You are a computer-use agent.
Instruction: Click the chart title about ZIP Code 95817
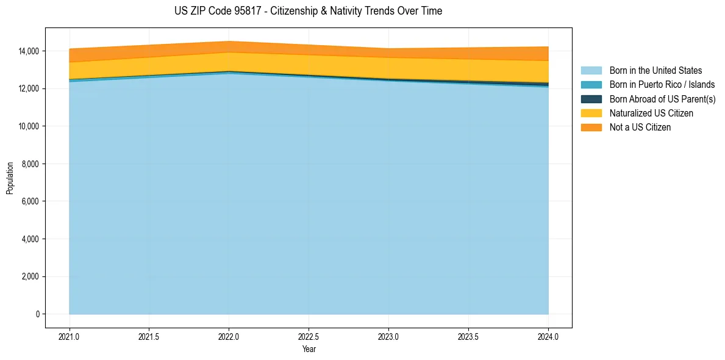[x=308, y=11]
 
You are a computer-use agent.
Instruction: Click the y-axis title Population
[x=10, y=178]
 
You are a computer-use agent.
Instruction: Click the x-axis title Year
[x=309, y=349]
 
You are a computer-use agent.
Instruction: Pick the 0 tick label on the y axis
[x=37, y=314]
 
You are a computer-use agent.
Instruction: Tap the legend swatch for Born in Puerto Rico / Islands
[x=591, y=85]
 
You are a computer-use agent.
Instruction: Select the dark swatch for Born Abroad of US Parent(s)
[x=591, y=99]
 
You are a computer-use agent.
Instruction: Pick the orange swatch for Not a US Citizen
[x=591, y=128]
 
